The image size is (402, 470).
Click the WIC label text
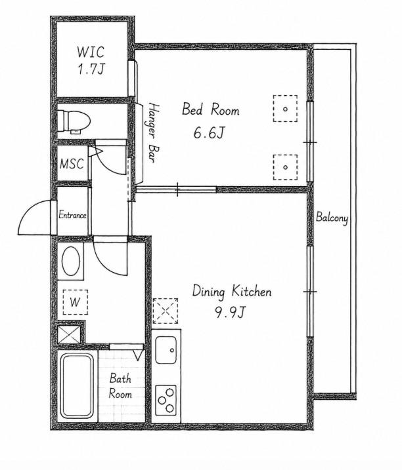coord(91,52)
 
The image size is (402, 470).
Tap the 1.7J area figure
coord(91,69)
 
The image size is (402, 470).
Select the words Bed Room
coord(211,109)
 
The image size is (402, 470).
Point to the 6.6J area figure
coord(209,133)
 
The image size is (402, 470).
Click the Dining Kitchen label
coord(232,292)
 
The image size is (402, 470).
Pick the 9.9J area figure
coord(230,313)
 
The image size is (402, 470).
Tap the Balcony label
coord(332,218)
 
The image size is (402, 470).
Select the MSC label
coord(72,164)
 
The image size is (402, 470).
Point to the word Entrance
coord(72,215)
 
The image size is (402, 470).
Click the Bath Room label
coord(120,386)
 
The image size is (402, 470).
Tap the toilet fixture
coord(74,122)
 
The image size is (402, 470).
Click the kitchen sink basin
coord(166,349)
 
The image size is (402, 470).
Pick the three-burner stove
coord(166,400)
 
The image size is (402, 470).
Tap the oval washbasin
coord(71,261)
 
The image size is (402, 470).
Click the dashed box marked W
coord(76,302)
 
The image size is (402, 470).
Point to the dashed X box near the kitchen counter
coord(166,311)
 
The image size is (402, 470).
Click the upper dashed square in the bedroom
coord(286,109)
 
